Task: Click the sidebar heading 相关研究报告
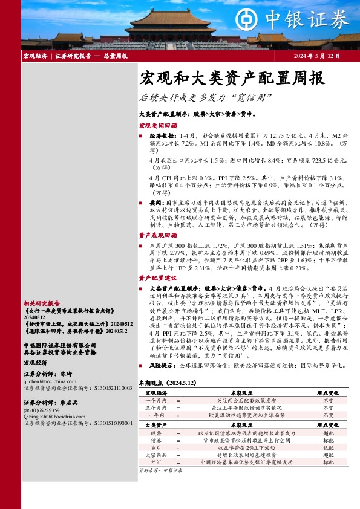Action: [x=41, y=303]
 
